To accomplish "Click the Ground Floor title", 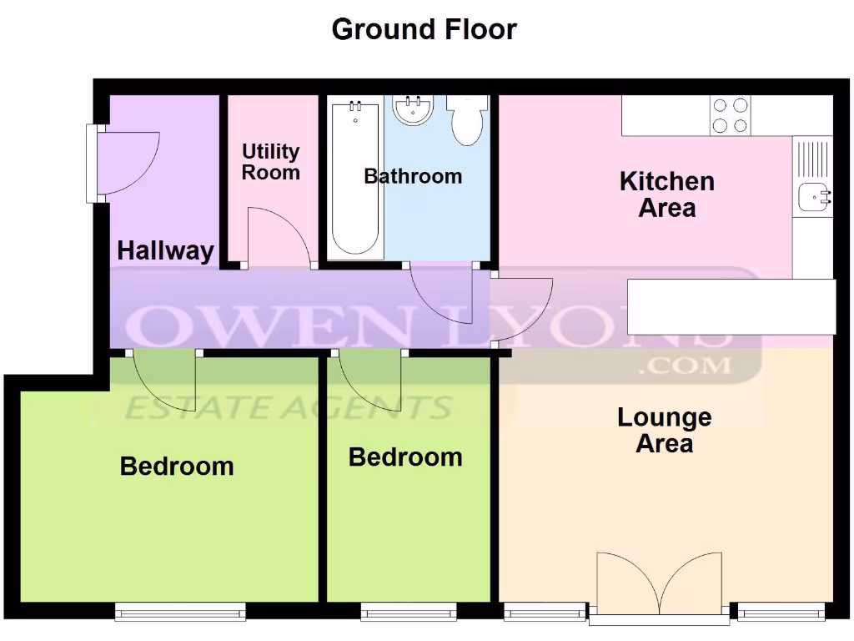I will point(424,29).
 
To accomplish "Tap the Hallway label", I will point(165,250).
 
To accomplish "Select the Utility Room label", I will point(270,162).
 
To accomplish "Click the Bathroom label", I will point(413,176).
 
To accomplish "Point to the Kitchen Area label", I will point(666,194).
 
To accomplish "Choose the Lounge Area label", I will point(664,430).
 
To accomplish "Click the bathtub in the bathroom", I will point(356,179).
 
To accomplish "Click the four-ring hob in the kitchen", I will point(730,115).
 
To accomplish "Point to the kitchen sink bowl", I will point(812,198).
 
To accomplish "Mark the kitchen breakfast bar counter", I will point(731,305).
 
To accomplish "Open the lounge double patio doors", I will point(659,584).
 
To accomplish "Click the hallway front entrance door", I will point(125,164).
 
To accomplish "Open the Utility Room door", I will point(280,238).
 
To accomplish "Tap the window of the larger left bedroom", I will point(180,613).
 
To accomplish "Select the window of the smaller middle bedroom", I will point(409,613).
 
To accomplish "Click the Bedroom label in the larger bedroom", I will point(177,466).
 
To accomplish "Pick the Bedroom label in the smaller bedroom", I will point(405,457).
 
